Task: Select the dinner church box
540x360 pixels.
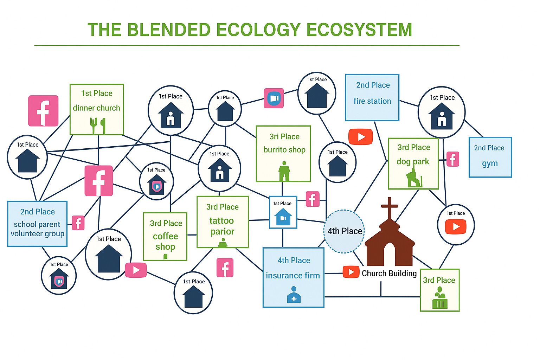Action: tap(97, 109)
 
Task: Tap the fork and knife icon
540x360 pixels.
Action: tap(98, 126)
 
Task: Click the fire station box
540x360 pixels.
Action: tap(372, 97)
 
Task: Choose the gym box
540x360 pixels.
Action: tap(490, 157)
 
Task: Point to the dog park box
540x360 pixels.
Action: tap(413, 163)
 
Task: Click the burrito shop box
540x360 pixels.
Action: tap(283, 153)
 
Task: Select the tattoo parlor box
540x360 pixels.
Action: tap(223, 222)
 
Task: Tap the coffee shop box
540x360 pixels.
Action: tap(165, 236)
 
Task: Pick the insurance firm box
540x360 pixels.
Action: tap(293, 277)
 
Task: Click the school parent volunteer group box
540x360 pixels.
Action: tap(37, 224)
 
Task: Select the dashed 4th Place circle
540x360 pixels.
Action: tap(344, 231)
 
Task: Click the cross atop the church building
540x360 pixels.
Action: tap(389, 207)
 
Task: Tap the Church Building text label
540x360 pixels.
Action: tap(389, 274)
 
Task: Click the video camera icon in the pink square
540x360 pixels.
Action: tap(274, 98)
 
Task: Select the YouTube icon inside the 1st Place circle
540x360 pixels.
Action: tap(456, 227)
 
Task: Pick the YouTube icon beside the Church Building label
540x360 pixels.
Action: tap(351, 272)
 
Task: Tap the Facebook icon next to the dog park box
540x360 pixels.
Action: tap(452, 159)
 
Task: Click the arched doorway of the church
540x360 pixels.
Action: tap(390, 253)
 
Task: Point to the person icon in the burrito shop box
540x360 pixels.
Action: tap(284, 171)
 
